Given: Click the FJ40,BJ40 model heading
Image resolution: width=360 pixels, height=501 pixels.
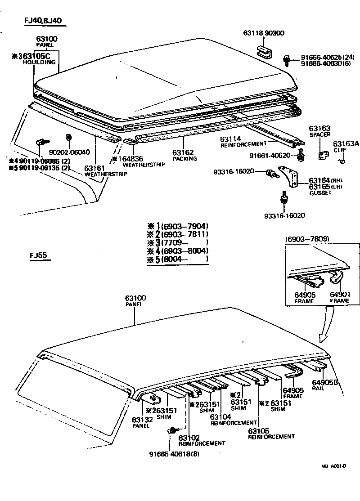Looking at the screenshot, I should pyautogui.click(x=43, y=21).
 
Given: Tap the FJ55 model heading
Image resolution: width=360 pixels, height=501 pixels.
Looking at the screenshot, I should pyautogui.click(x=39, y=257).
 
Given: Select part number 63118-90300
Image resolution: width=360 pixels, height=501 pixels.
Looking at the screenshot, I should pyautogui.click(x=264, y=33).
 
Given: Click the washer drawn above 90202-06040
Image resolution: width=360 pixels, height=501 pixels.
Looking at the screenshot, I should pyautogui.click(x=68, y=136).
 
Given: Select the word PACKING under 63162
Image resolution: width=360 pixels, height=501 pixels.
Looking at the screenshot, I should pyautogui.click(x=183, y=159).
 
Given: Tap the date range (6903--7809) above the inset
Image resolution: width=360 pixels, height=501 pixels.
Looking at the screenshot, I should pyautogui.click(x=307, y=238).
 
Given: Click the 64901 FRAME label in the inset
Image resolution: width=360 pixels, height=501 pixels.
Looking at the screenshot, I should pyautogui.click(x=340, y=298).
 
